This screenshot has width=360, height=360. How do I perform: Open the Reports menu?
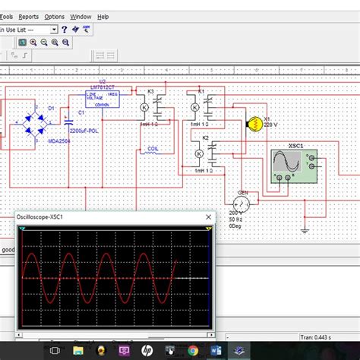coord(29,16)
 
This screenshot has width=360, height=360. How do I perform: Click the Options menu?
coord(55,16)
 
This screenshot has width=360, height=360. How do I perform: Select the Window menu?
coord(81,16)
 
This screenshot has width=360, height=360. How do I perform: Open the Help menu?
coord(103,16)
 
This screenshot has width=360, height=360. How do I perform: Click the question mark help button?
coord(65,29)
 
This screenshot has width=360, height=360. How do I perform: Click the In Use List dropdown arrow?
coord(54,29)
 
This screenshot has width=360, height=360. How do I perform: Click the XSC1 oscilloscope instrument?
coord(292,166)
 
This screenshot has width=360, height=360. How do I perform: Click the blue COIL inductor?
coord(152,149)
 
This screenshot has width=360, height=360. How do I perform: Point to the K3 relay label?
coord(150,92)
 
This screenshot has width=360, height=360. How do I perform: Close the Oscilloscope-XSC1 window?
coord(208,217)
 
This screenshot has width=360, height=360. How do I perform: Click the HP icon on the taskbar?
coord(146,350)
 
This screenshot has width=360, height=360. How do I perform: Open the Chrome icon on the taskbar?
coord(194,350)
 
